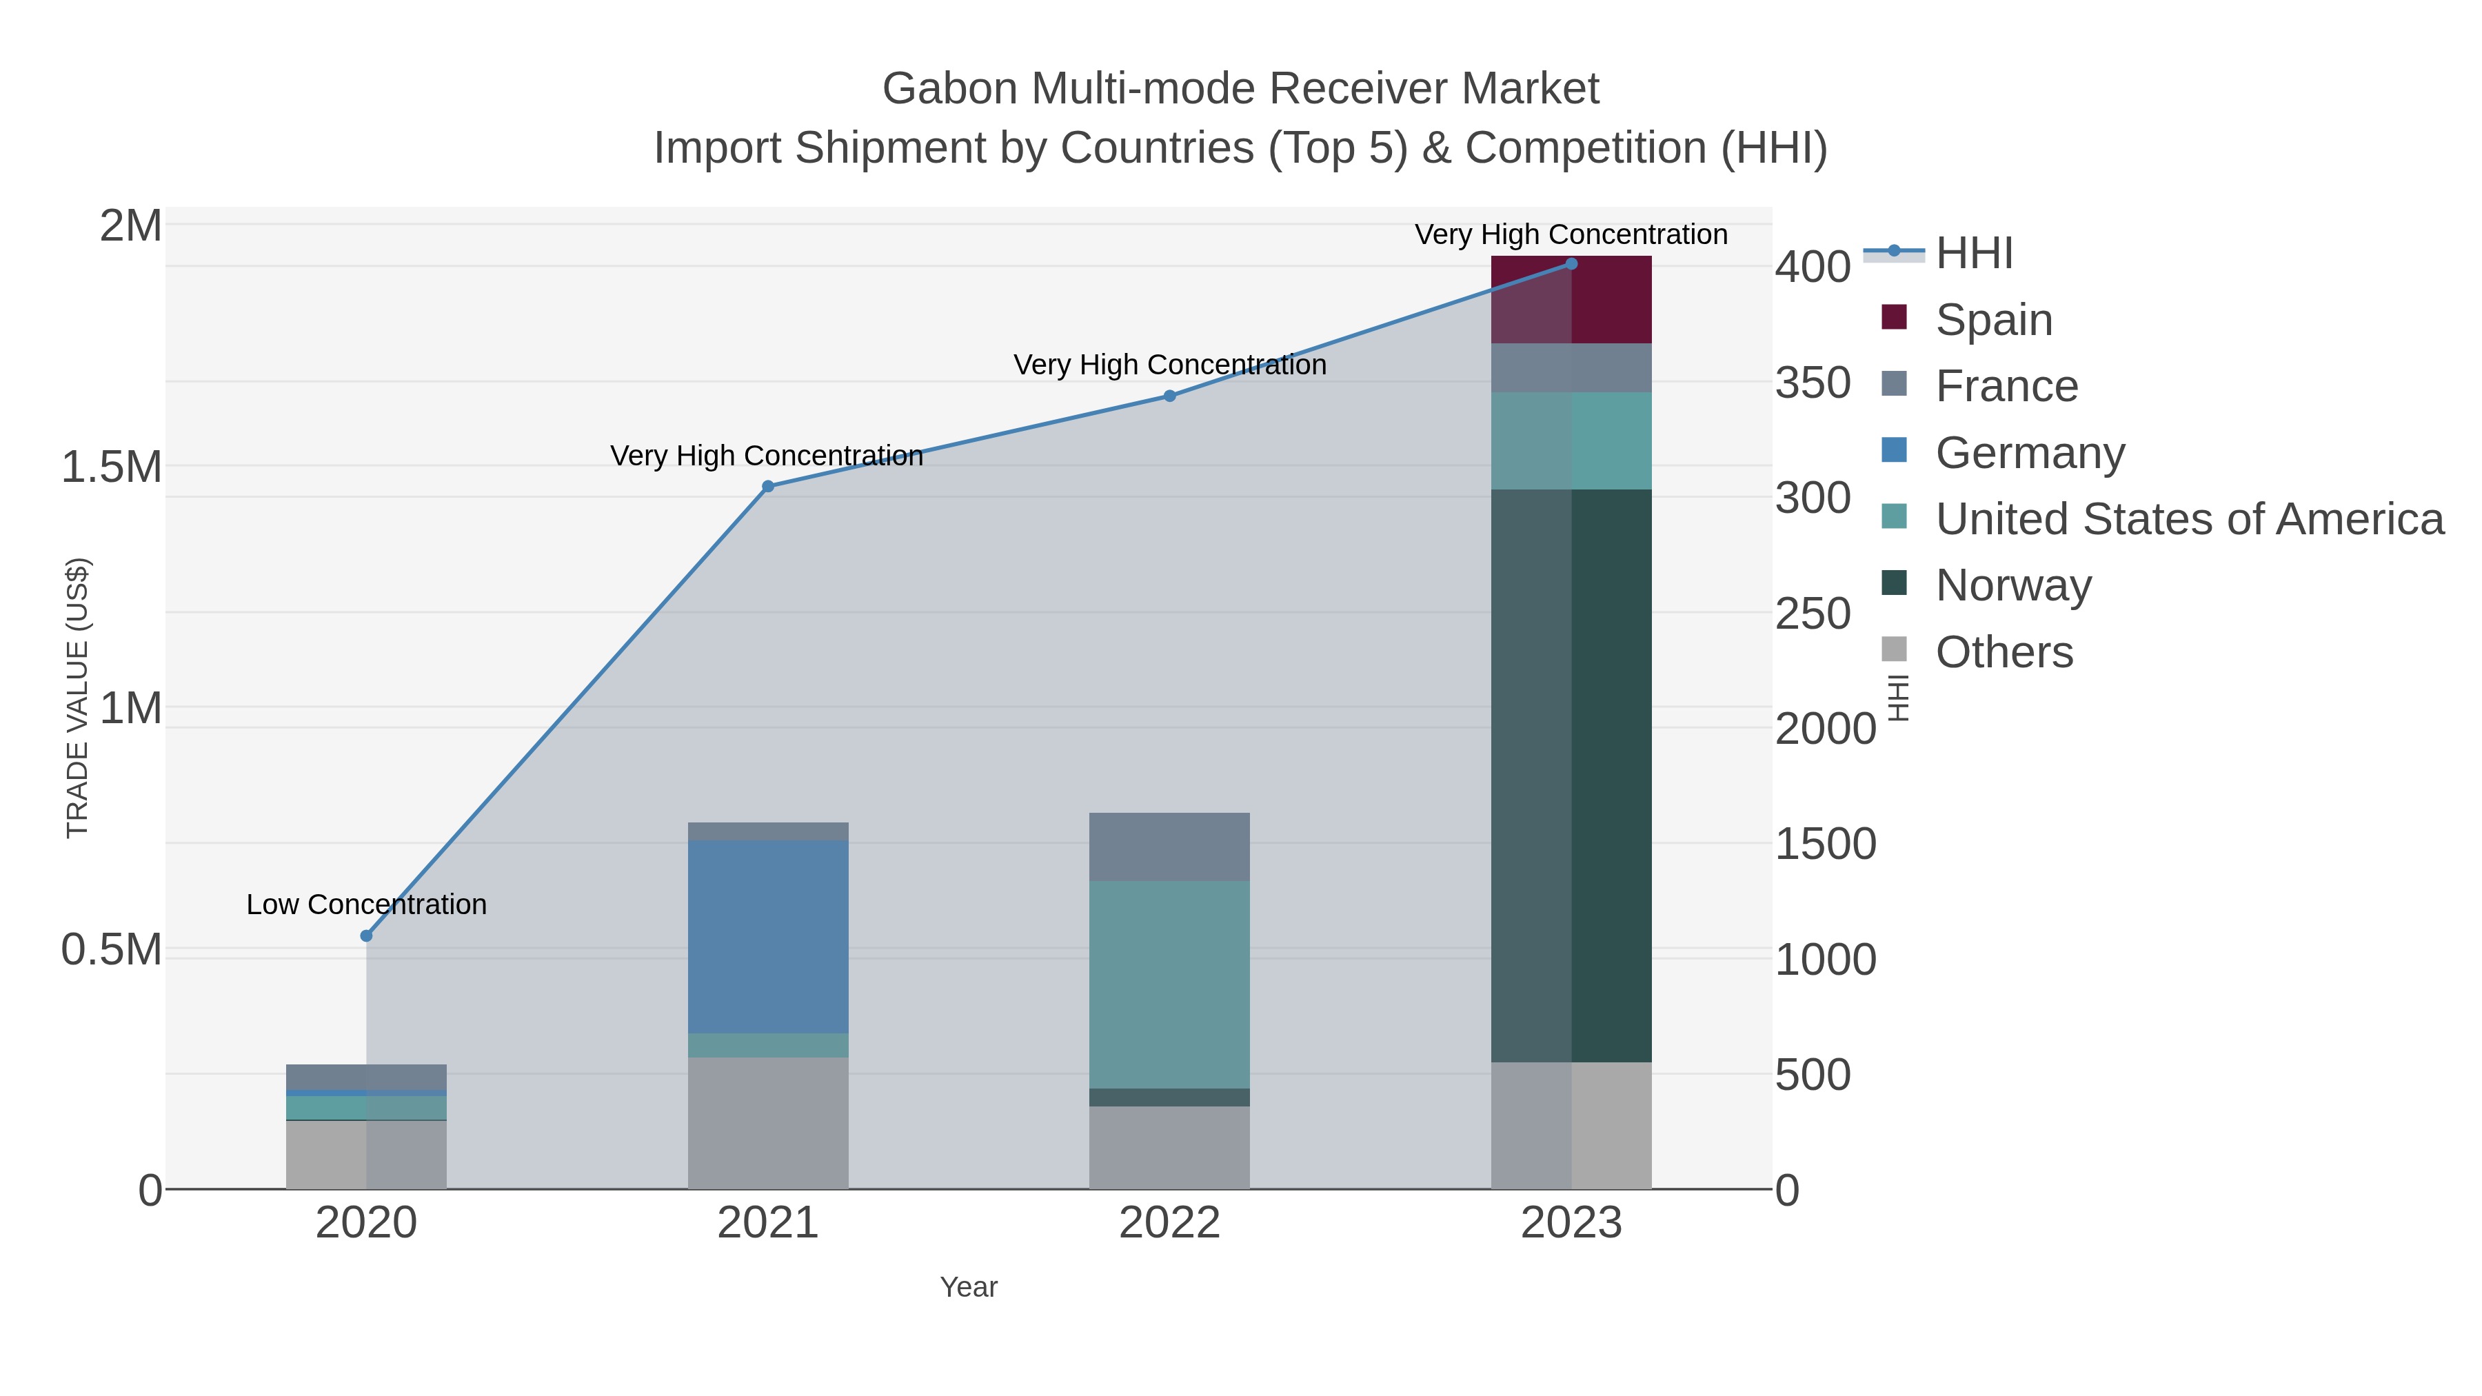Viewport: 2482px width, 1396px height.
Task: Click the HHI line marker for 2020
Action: click(366, 935)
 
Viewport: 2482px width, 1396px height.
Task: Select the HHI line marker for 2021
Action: click(768, 487)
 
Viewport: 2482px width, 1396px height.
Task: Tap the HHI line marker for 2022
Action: click(1170, 396)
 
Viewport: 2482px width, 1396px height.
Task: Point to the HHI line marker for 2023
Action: click(1571, 264)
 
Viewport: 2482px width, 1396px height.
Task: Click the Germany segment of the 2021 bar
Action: click(768, 936)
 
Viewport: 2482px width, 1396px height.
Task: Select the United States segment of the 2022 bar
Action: click(1170, 984)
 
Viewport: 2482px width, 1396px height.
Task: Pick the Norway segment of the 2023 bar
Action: click(1571, 776)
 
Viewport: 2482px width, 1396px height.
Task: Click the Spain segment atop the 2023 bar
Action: click(1571, 301)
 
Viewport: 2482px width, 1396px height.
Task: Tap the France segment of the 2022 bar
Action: click(1170, 847)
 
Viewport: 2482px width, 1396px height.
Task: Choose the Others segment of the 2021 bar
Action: click(768, 1122)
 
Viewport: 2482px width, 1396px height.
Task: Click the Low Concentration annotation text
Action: click(366, 904)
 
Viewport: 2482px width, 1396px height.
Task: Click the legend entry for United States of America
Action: click(2188, 519)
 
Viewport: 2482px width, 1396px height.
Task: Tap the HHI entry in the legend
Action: click(1973, 254)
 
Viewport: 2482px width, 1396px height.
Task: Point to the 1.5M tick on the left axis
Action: click(111, 467)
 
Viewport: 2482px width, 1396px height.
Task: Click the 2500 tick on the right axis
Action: click(1813, 614)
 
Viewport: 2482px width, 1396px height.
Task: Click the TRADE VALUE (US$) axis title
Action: click(77, 698)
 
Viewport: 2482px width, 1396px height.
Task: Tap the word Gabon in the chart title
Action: click(949, 89)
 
